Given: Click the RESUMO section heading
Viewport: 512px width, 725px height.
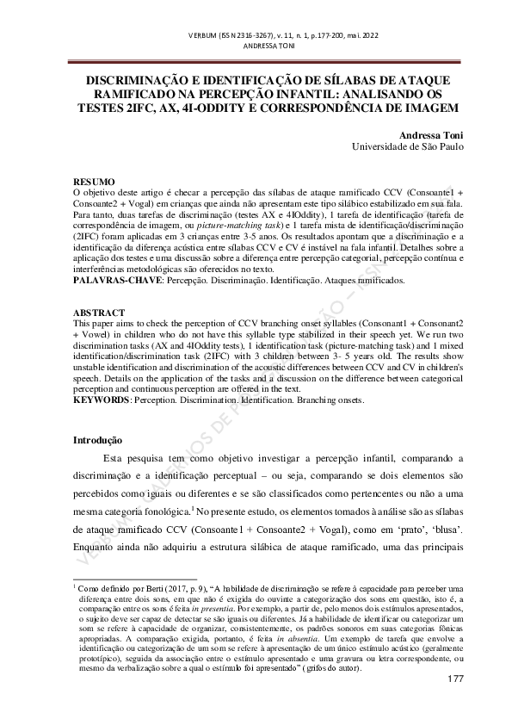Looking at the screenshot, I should click(93, 182).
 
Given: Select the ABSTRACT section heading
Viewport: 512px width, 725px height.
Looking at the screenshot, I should click(98, 313).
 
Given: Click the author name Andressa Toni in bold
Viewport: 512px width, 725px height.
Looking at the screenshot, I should click(432, 135).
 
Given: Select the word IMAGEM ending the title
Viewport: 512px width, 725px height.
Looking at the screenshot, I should click(426, 108).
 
